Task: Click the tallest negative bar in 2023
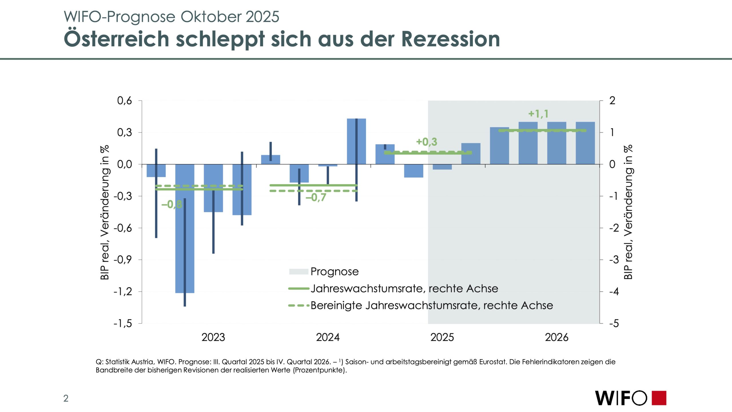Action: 185,229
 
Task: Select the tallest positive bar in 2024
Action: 356,141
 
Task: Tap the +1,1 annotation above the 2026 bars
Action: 538,114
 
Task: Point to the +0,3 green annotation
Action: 426,142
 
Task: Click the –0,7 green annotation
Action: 316,197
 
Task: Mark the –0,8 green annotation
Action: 172,204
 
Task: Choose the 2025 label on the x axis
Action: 442,338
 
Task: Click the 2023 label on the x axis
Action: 213,338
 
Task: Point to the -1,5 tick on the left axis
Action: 123,324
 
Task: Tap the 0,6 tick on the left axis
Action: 125,101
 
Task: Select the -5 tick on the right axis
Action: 614,324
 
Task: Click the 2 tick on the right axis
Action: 612,101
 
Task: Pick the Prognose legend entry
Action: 334,272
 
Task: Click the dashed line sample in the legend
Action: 299,306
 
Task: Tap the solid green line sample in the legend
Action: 299,289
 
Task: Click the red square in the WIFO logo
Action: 659,398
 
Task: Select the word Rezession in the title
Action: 451,39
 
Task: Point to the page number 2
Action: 66,398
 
